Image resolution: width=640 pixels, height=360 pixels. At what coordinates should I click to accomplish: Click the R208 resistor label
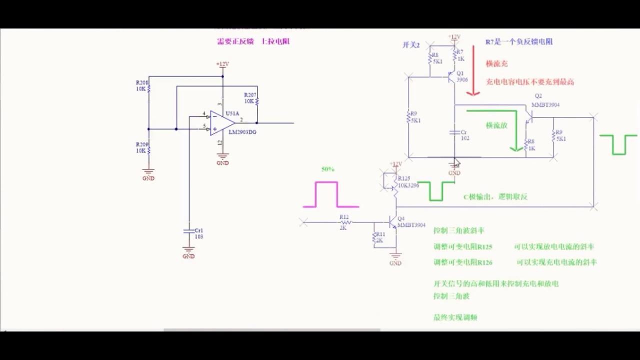(141, 85)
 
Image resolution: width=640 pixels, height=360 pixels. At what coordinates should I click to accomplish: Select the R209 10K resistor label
(141, 147)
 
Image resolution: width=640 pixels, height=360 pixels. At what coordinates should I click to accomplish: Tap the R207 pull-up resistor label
(249, 97)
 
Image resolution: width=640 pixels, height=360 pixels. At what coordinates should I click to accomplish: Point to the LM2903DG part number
(243, 132)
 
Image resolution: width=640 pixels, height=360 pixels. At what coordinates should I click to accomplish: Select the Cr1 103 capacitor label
(198, 233)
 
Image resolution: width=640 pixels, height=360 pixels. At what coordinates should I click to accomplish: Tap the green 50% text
(327, 169)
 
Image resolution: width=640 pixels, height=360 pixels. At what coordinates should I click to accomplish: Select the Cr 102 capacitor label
(464, 135)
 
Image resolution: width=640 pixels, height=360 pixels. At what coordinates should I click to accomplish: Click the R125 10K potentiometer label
(408, 182)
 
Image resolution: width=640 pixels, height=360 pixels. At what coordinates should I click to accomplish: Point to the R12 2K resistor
(344, 222)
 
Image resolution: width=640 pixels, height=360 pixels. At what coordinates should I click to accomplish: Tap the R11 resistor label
(380, 236)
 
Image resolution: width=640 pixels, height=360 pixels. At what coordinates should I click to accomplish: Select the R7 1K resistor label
(460, 55)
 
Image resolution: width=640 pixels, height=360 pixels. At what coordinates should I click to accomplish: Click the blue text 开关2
(410, 45)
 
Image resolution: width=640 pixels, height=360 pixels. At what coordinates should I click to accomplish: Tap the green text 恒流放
(496, 125)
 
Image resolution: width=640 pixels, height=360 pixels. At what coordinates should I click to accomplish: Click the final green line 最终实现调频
(455, 317)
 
